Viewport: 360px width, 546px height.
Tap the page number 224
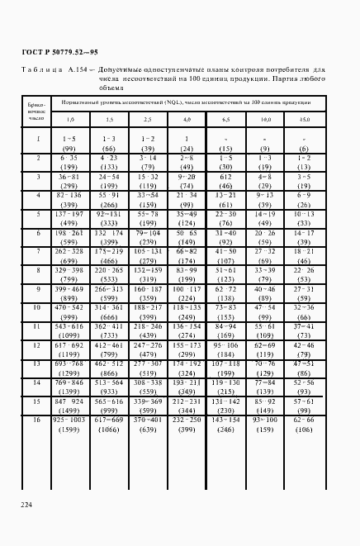tap(27, 505)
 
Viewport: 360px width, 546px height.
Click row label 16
tap(37, 420)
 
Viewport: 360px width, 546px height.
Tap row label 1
tap(37, 140)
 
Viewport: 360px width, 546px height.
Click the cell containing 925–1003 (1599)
tap(69, 425)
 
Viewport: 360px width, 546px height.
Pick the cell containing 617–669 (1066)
tap(109, 425)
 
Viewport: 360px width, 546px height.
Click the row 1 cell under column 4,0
tap(187, 143)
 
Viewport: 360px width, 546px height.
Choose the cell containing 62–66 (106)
tap(304, 425)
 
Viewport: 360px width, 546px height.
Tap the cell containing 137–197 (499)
tap(69, 217)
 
